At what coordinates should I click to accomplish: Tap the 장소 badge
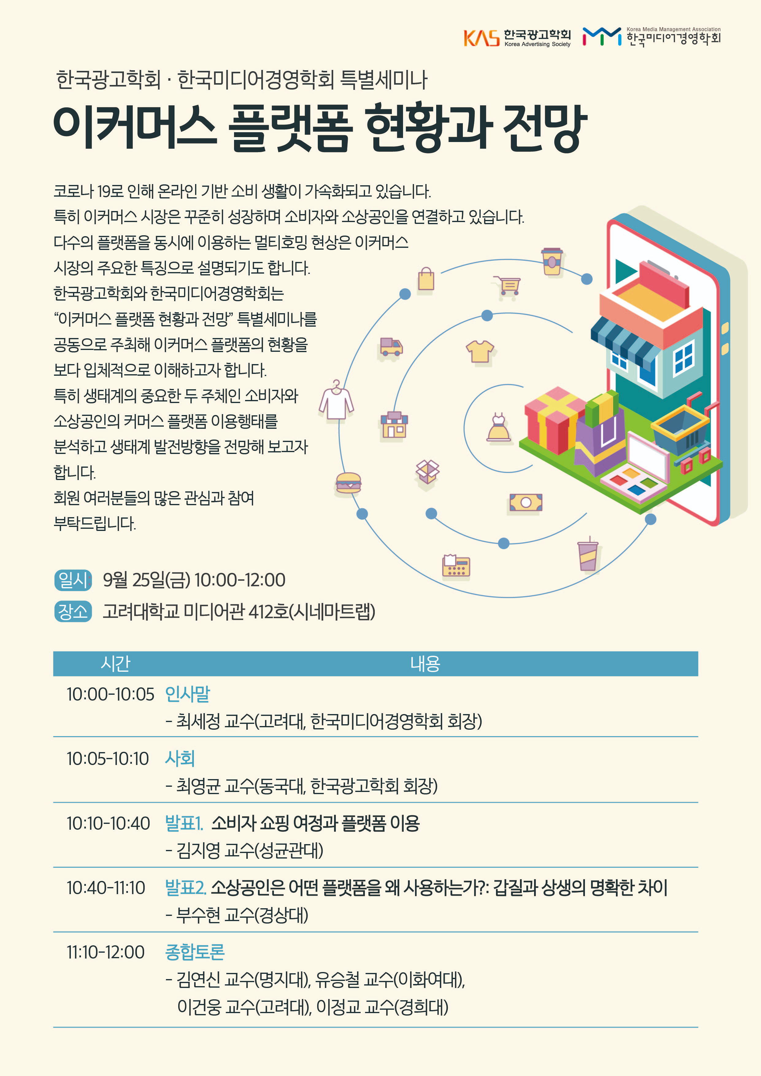73,611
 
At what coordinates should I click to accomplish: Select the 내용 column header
425,663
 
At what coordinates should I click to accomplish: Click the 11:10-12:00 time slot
106,952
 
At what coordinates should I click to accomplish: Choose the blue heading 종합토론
195,952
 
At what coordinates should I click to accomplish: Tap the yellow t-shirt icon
480,351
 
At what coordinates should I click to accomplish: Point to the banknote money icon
526,502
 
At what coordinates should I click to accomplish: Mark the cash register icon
456,566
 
